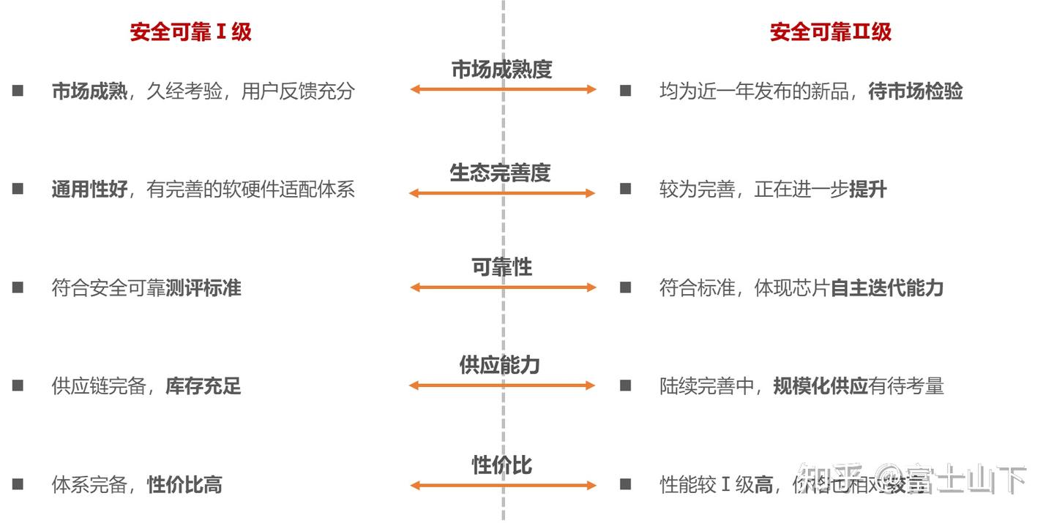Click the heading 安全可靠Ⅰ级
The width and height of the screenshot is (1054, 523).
click(191, 32)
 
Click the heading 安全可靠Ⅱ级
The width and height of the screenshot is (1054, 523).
click(831, 32)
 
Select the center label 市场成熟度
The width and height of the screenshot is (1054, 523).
click(501, 69)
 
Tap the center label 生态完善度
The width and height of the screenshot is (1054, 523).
click(500, 173)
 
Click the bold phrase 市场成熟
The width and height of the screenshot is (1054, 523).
click(89, 91)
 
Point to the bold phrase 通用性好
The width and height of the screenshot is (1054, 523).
click(89, 190)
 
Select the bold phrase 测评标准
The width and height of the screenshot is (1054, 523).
click(203, 288)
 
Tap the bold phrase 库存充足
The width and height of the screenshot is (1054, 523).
click(203, 386)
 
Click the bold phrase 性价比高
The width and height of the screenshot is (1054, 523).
click(184, 485)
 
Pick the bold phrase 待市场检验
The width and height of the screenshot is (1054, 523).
click(915, 91)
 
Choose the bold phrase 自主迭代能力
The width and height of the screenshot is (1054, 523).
click(886, 288)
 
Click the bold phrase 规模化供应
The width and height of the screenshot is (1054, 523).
click(821, 386)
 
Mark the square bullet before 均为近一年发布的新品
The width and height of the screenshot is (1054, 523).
click(625, 91)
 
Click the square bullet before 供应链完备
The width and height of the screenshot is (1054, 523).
click(18, 385)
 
